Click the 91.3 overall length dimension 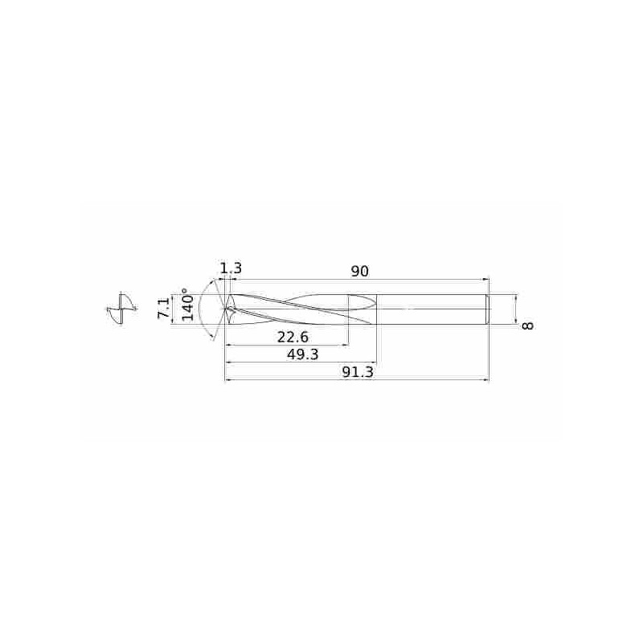coord(358,373)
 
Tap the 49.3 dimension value coord(303,354)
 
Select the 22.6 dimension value coord(293,338)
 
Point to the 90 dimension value coord(359,272)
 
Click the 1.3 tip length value coord(231,268)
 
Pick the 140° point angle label coord(187,304)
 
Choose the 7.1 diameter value coord(164,308)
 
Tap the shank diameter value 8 coord(528,326)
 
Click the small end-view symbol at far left coord(121,309)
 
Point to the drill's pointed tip coord(226,309)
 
